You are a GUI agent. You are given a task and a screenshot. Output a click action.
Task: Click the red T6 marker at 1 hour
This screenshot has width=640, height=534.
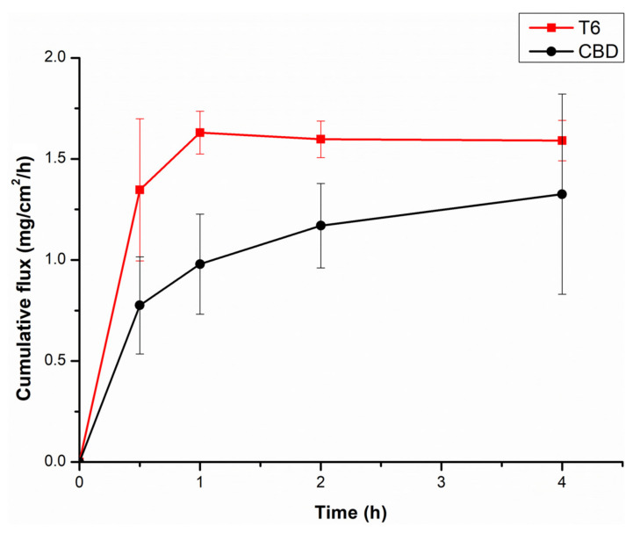coord(200,133)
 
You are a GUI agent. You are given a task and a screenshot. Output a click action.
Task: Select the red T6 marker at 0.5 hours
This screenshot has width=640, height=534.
coord(140,190)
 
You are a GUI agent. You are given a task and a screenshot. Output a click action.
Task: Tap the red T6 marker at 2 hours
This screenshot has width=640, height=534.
coord(321,139)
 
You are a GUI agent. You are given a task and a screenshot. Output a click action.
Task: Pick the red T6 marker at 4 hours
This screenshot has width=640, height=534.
coord(562,141)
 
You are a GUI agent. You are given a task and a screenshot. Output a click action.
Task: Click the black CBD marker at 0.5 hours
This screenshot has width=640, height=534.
coord(140,305)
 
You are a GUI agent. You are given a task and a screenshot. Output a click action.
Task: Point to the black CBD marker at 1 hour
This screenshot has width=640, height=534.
coord(200,263)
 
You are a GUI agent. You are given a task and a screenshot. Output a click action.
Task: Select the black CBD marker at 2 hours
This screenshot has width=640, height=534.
coord(321,226)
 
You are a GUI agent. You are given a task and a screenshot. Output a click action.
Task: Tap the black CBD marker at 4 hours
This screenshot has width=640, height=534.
coord(562,194)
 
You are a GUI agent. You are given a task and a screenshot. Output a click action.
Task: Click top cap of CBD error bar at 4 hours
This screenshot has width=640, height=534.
coord(562,94)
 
